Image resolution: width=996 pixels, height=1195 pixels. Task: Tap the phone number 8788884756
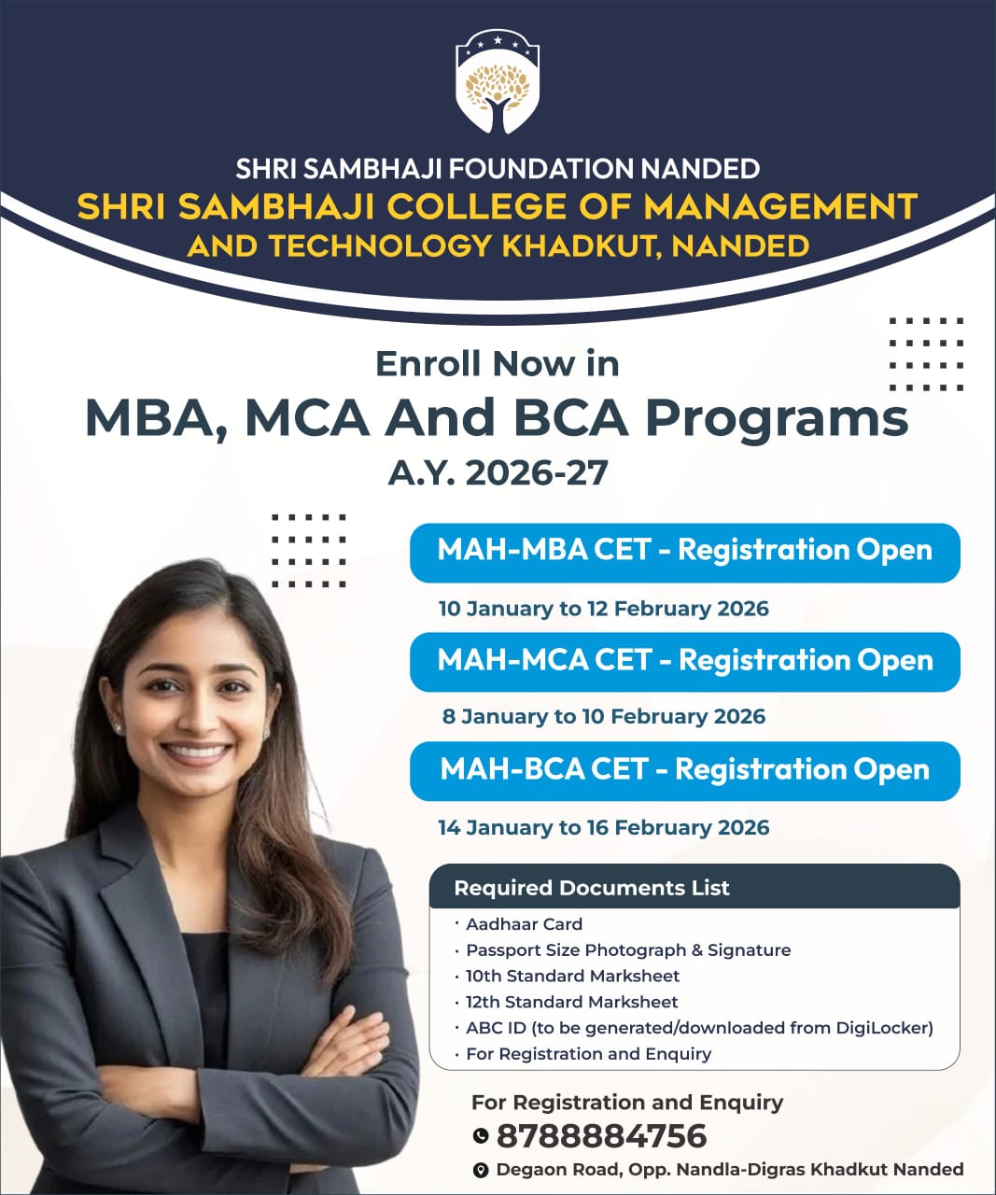[601, 1136]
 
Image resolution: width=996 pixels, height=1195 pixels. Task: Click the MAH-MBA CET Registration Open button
[684, 551]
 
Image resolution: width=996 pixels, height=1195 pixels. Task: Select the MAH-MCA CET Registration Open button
[684, 661]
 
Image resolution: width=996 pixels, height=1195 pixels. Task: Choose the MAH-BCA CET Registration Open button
[684, 770]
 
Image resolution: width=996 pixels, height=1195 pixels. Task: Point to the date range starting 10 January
[603, 609]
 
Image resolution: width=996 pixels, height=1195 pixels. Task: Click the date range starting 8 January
[603, 717]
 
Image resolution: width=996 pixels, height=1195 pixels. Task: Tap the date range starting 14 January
[603, 827]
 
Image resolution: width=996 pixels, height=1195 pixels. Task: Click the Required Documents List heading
[592, 888]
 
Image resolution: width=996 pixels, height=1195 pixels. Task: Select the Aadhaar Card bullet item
[524, 924]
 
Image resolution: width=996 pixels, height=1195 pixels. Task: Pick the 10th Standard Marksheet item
[572, 976]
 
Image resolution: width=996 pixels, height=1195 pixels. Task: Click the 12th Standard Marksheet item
[571, 1002]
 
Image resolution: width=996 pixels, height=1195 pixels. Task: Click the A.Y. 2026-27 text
[498, 472]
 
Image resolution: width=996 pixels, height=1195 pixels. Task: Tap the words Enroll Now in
[497, 363]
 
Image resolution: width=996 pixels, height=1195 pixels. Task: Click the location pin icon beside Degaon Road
[481, 1170]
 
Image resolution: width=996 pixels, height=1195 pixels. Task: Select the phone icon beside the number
[481, 1136]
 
